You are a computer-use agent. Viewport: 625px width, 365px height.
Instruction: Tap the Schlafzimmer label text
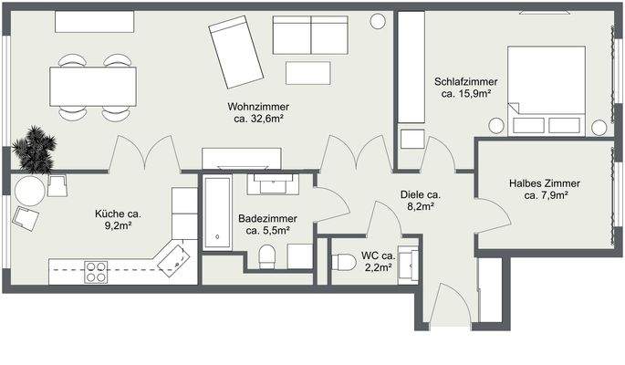pos(466,80)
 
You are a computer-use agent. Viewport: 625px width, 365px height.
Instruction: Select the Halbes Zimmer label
pos(545,182)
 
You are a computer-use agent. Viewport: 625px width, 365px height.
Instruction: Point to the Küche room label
pos(119,214)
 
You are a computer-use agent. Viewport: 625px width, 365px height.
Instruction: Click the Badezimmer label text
pos(265,219)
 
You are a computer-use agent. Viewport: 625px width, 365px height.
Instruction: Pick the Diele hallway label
pos(421,193)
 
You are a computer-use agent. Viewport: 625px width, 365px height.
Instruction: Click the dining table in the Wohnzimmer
pos(94,88)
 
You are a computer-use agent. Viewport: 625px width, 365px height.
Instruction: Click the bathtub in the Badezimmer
pos(216,213)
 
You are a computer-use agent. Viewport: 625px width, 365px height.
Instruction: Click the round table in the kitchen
pos(28,192)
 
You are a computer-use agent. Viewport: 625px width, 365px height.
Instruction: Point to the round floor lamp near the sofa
pos(378,21)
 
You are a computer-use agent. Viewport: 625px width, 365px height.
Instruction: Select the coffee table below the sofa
pos(308,72)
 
